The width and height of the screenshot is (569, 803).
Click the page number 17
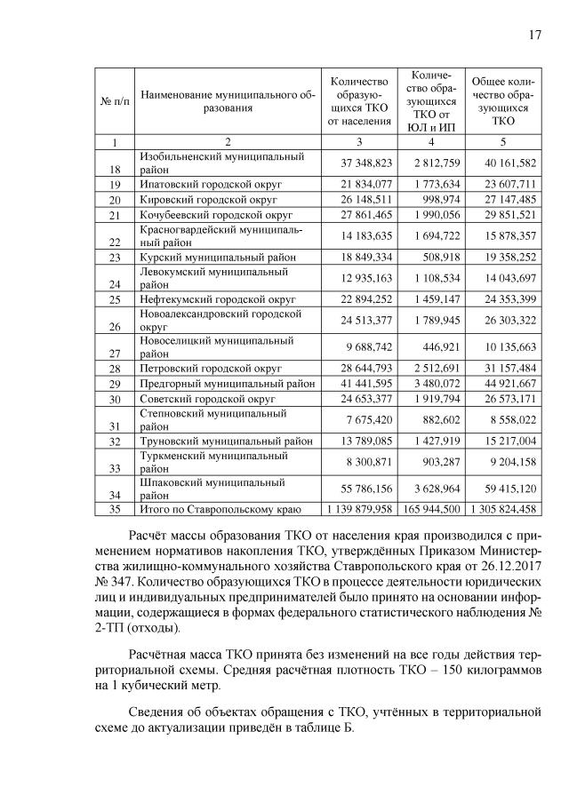coord(535,35)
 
